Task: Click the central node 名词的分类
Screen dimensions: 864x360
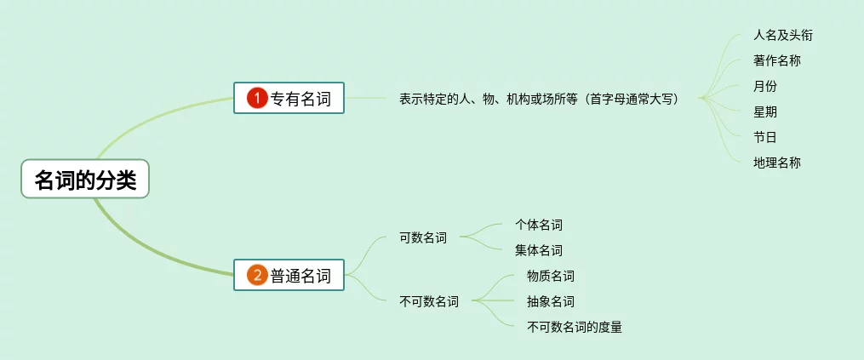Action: click(x=85, y=179)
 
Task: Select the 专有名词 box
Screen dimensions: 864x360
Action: click(x=289, y=99)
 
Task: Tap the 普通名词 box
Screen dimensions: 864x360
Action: click(x=289, y=275)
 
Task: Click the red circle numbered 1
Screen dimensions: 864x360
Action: click(x=257, y=99)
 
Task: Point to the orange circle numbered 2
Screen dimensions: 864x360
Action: click(x=257, y=275)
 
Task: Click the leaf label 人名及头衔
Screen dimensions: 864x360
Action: click(x=776, y=36)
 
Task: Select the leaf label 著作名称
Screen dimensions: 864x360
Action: click(x=776, y=60)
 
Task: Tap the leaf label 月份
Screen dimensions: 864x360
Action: click(x=764, y=86)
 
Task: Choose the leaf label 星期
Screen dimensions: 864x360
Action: click(x=764, y=111)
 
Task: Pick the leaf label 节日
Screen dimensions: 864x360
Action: click(x=764, y=137)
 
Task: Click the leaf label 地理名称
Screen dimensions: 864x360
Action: click(x=776, y=162)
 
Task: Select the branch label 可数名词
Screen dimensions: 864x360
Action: click(x=423, y=237)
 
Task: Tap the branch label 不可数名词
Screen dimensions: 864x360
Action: click(x=429, y=301)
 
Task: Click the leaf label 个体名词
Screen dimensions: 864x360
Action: click(x=538, y=225)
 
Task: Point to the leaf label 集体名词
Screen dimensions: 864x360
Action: click(x=538, y=250)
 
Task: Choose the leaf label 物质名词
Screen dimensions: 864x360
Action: click(x=550, y=276)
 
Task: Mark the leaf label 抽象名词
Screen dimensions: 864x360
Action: click(x=550, y=301)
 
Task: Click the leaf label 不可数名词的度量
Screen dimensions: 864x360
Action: click(x=574, y=327)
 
